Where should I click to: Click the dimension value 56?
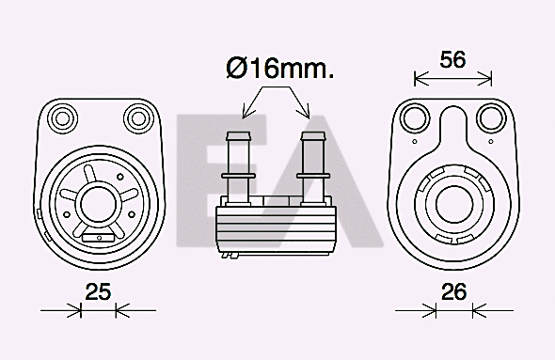(453, 59)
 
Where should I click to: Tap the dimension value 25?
(98, 291)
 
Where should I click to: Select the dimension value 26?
(454, 291)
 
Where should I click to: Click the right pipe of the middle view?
(311, 155)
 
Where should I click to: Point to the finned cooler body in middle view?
(274, 225)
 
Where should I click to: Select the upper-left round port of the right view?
(413, 117)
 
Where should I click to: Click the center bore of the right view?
(454, 201)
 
